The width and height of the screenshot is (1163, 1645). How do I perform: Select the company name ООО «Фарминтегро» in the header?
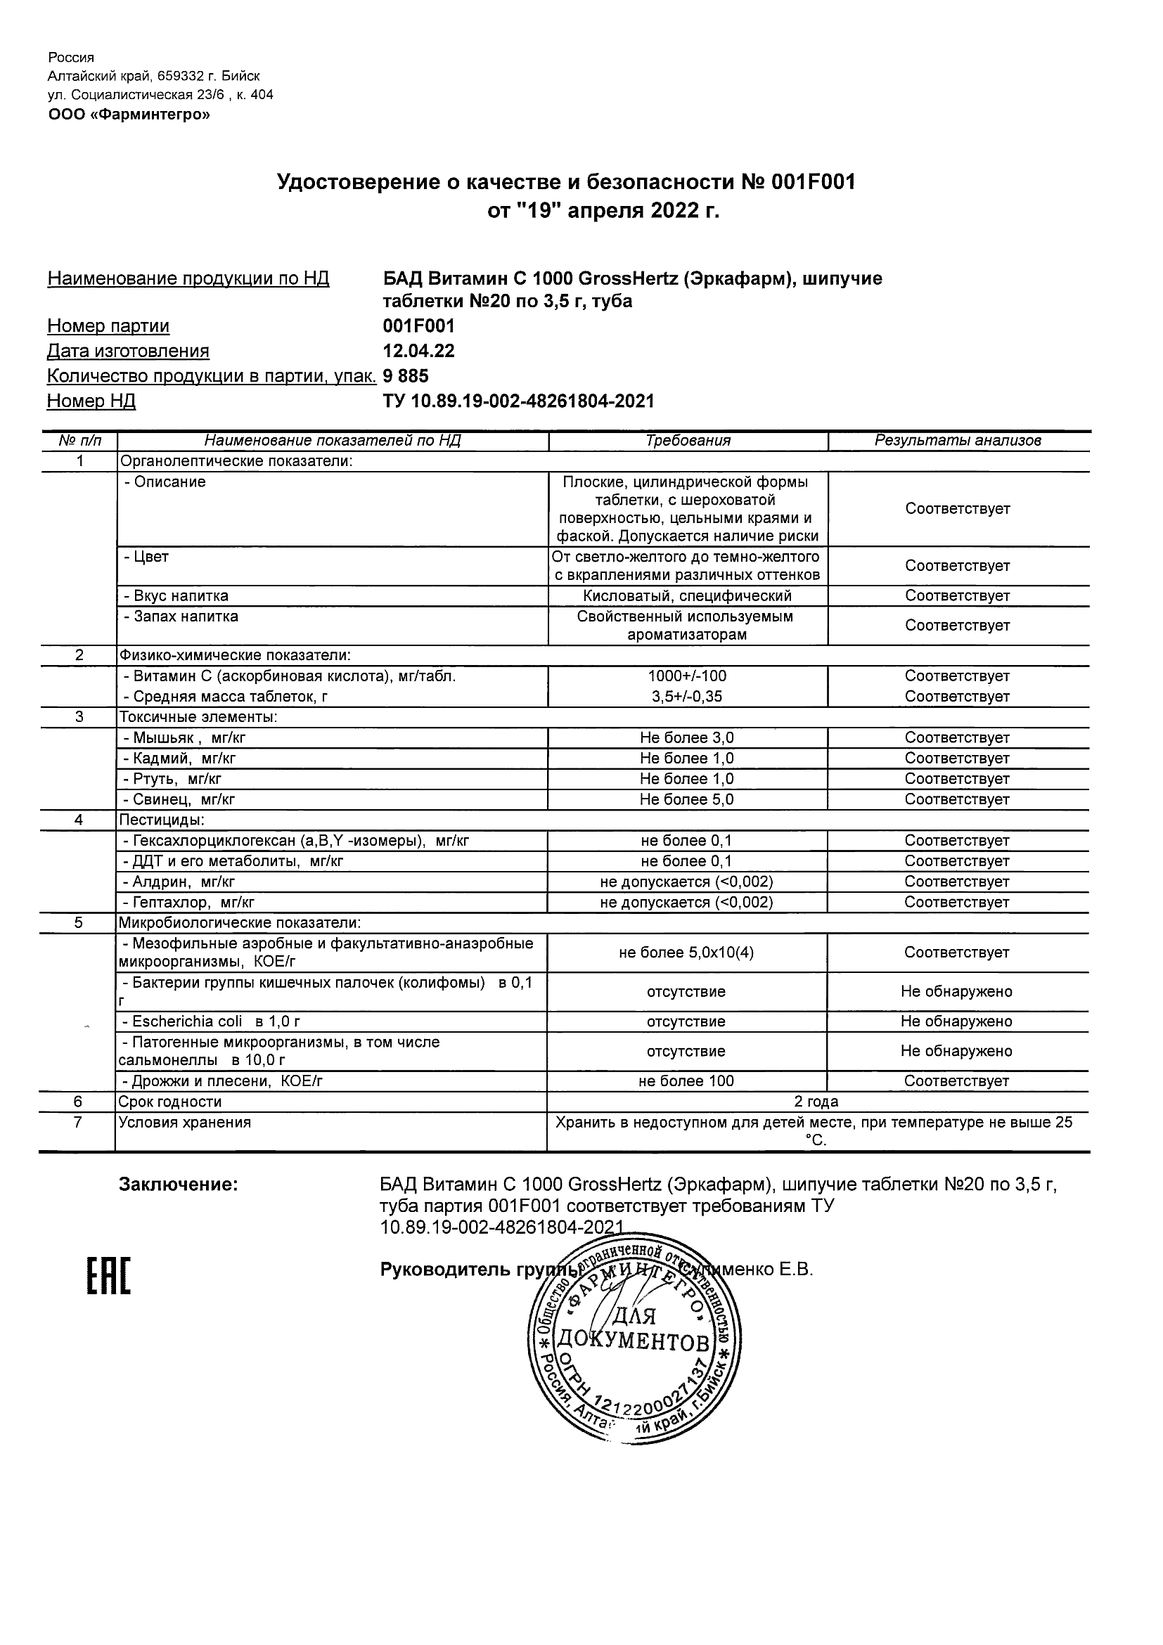pyautogui.click(x=129, y=115)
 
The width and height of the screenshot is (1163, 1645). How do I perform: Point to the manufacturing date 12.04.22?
pyautogui.click(x=418, y=351)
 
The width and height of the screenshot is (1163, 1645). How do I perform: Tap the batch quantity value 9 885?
pyautogui.click(x=406, y=376)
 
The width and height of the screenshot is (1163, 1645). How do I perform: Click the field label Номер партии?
pyautogui.click(x=108, y=326)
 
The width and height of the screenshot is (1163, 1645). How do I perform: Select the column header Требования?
pyautogui.click(x=687, y=441)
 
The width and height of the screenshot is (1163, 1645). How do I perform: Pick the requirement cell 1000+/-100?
pyautogui.click(x=687, y=676)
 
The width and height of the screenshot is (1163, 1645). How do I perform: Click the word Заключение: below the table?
pyautogui.click(x=178, y=1185)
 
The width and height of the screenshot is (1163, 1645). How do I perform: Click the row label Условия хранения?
pyautogui.click(x=185, y=1122)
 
